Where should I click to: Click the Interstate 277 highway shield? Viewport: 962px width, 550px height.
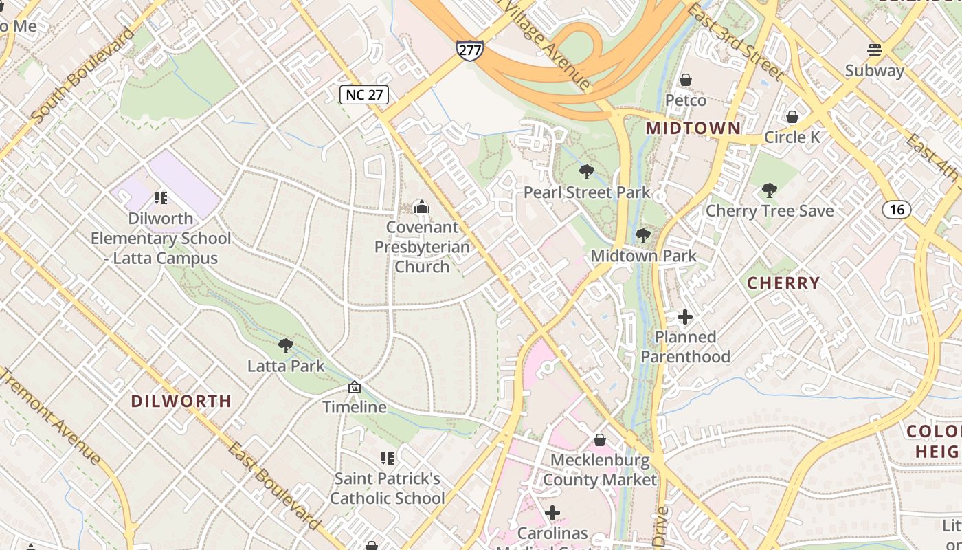[469, 49]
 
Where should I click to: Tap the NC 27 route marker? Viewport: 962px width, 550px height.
[364, 94]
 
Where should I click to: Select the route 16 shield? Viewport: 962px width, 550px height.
[897, 209]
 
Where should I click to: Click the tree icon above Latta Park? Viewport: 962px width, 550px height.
[286, 346]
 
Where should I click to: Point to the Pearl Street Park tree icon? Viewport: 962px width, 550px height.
[586, 172]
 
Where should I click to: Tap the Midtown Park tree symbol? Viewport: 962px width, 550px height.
[643, 236]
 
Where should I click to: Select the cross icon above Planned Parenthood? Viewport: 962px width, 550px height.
[685, 317]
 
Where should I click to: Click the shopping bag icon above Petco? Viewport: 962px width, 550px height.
[685, 80]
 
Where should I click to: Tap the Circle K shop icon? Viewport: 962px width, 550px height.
[792, 117]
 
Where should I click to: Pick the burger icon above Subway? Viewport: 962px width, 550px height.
[874, 50]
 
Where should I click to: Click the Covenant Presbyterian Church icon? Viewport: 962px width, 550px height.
[422, 207]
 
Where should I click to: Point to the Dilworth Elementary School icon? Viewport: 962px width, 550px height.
[161, 198]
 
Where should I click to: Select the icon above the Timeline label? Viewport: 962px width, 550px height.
[355, 388]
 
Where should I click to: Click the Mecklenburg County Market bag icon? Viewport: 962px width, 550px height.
[600, 440]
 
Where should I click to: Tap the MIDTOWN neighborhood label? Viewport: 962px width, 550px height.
[693, 129]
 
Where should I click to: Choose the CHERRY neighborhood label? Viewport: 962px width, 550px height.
[783, 283]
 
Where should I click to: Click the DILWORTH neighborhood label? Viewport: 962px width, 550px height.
[181, 401]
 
